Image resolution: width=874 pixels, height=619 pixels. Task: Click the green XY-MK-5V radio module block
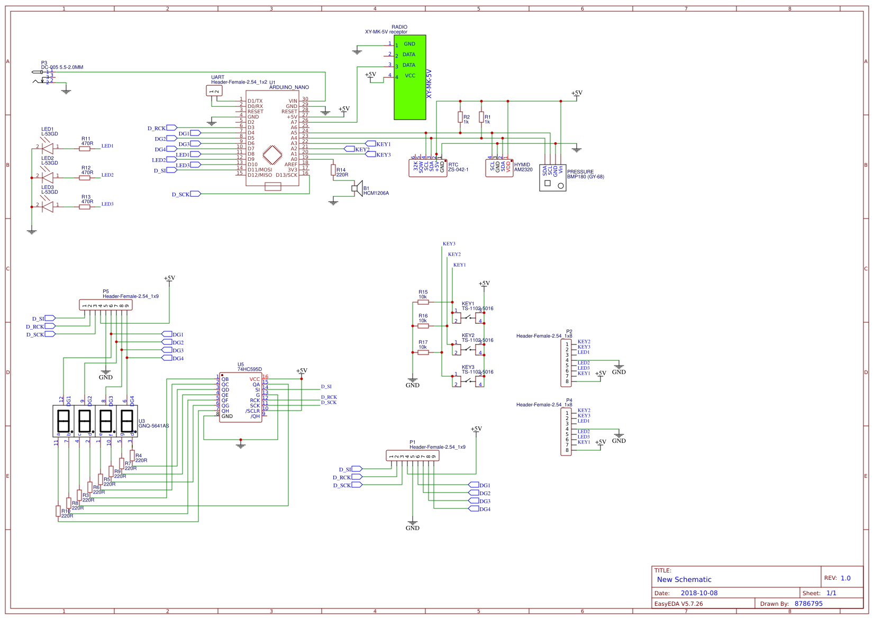pyautogui.click(x=409, y=77)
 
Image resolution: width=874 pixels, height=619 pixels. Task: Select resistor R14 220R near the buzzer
pyautogui.click(x=333, y=170)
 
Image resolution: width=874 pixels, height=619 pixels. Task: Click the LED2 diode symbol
pyautogui.click(x=48, y=176)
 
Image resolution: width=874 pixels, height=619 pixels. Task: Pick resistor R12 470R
pyautogui.click(x=85, y=178)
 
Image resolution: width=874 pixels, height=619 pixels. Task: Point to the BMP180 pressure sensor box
pyautogui.click(x=552, y=178)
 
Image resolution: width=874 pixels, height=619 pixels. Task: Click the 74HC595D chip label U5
pyautogui.click(x=241, y=365)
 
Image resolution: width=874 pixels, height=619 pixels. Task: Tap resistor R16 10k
pyautogui.click(x=423, y=326)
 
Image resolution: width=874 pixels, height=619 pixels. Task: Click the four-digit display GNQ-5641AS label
pyautogui.click(x=154, y=426)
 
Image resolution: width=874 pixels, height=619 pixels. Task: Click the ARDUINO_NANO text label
pyautogui.click(x=289, y=87)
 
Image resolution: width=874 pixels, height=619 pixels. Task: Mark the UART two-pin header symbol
pyautogui.click(x=214, y=91)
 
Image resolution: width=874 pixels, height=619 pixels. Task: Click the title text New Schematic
pyautogui.click(x=684, y=579)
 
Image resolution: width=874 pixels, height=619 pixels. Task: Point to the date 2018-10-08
pyautogui.click(x=699, y=593)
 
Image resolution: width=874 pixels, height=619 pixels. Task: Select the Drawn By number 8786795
pyautogui.click(x=808, y=604)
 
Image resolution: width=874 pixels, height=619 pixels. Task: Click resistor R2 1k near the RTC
pyautogui.click(x=460, y=117)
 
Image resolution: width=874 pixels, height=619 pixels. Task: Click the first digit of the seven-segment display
pyautogui.click(x=63, y=421)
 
